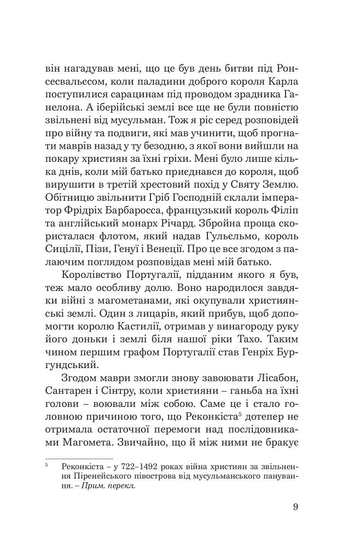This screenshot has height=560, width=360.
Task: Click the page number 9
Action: point(295,506)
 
